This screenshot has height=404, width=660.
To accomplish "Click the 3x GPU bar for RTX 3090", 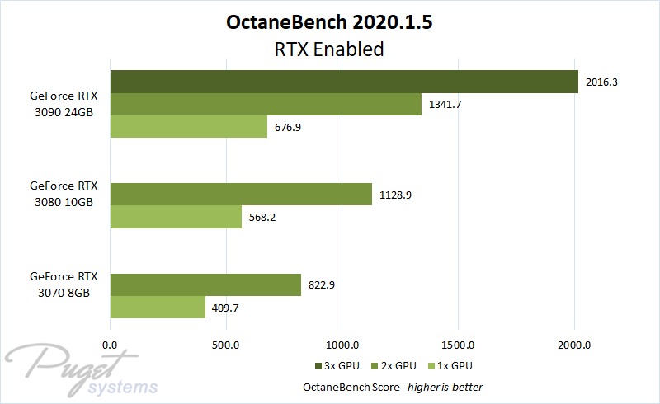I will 343,82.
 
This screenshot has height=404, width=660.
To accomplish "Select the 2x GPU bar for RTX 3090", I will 265,104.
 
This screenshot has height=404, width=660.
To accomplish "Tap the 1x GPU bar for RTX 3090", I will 188,126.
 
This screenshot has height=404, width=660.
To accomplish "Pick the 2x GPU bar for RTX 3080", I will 240,194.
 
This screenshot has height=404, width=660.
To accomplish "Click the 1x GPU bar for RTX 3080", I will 175,216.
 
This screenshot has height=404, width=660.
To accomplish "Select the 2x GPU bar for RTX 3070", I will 205,284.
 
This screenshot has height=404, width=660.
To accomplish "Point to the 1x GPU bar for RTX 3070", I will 157,307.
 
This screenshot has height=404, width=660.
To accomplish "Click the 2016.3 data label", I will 601,82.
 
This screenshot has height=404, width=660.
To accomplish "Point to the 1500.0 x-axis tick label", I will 457,344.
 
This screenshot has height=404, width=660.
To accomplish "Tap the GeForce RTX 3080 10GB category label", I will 64,194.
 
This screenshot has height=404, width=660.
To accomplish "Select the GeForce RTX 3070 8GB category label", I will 64,284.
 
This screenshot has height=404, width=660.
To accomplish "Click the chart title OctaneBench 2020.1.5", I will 329,22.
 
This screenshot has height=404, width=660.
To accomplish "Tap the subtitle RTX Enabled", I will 329,49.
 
